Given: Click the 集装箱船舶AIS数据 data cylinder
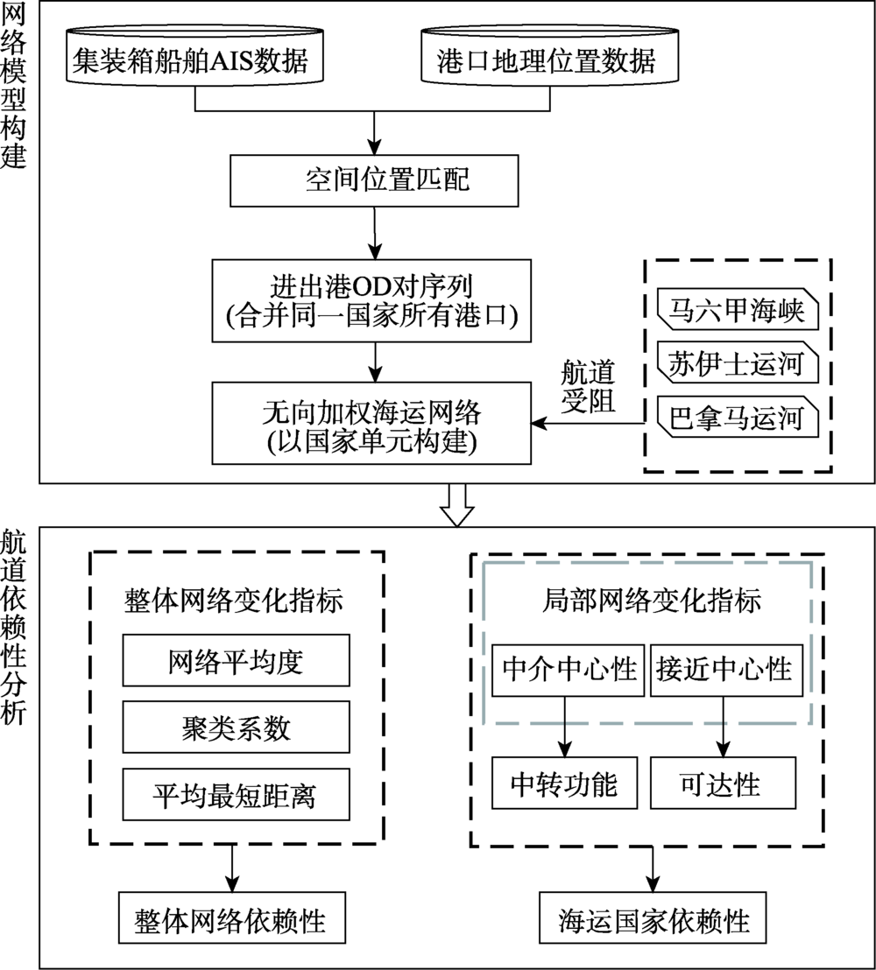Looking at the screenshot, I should pyautogui.click(x=194, y=61).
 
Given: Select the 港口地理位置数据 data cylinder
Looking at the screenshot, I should pyautogui.click(x=552, y=61).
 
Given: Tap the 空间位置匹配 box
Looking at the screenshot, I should pyautogui.click(x=374, y=179).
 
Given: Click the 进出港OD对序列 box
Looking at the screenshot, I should pyautogui.click(x=374, y=300).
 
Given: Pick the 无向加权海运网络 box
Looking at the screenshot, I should pyautogui.click(x=374, y=422).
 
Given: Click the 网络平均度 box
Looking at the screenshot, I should pyautogui.click(x=236, y=661).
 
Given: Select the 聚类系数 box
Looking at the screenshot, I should pyautogui.click(x=236, y=728).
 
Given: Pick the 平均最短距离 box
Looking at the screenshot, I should pyautogui.click(x=236, y=796).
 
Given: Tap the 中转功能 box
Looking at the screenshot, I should pyautogui.click(x=564, y=784).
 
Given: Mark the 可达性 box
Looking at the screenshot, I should pyautogui.click(x=722, y=784).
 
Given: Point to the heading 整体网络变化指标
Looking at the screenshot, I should pyautogui.click(x=236, y=602).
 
